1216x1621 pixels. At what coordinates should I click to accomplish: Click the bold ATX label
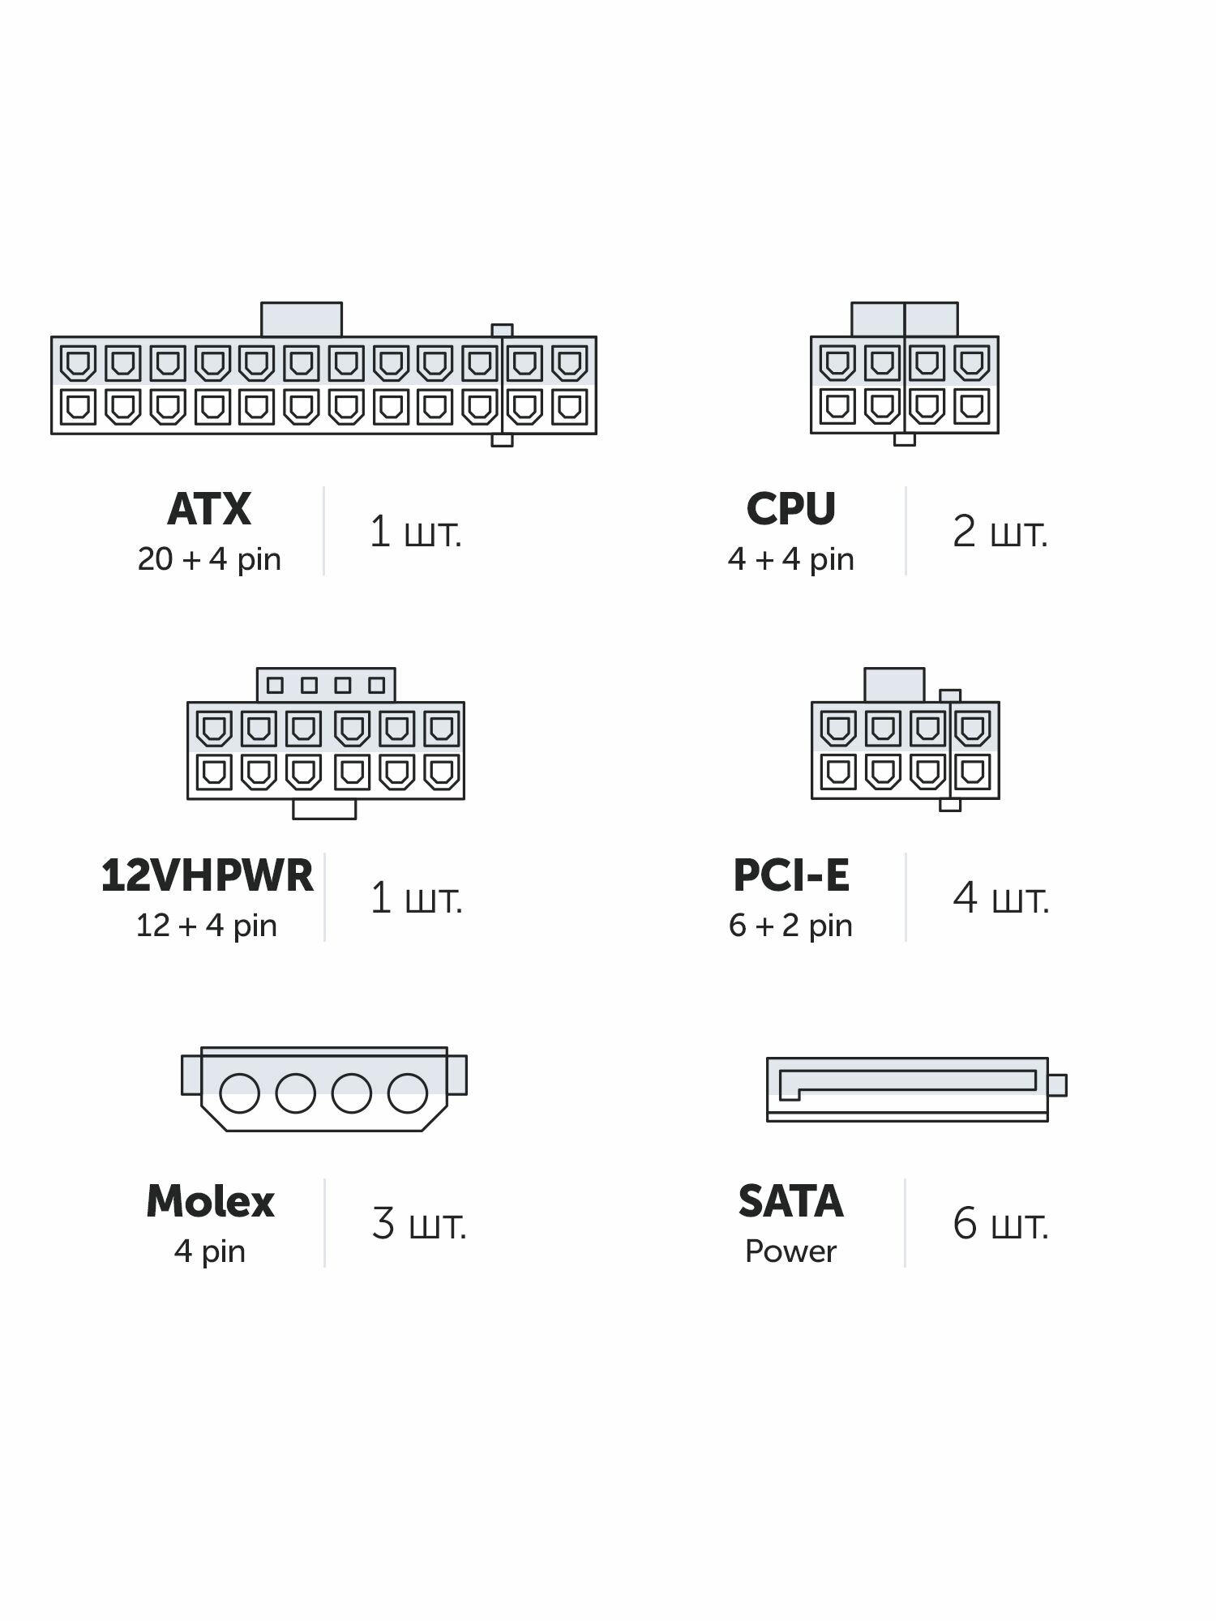(209, 509)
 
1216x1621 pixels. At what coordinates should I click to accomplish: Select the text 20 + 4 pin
(209, 559)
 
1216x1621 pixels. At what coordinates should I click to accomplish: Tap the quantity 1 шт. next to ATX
(415, 532)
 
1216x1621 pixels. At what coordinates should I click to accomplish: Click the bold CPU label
(790, 509)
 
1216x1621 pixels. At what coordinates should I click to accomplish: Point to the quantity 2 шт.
(1000, 532)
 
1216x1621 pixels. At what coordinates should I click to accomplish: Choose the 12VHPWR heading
(207, 875)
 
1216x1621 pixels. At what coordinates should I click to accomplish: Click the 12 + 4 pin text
(206, 926)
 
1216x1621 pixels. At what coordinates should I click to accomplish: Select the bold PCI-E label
(790, 875)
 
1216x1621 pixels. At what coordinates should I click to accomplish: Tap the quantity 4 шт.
(1000, 898)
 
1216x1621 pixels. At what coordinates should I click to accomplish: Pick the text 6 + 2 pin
(790, 926)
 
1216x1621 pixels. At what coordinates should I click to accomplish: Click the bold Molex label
(210, 1201)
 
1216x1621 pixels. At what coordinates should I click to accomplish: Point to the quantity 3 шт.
(419, 1224)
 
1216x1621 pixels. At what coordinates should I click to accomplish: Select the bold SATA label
(790, 1201)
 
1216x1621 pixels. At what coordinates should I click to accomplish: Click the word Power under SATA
(790, 1251)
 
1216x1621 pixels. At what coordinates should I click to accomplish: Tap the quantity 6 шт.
(1000, 1224)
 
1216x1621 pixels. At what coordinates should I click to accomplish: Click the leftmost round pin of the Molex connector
(239, 1093)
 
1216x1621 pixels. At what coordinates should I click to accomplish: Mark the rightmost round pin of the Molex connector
(408, 1093)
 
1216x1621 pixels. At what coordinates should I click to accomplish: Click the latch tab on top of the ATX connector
(301, 319)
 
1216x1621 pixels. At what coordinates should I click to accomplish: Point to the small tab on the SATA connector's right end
(1057, 1084)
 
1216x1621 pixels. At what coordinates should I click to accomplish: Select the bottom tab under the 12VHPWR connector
(324, 809)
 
